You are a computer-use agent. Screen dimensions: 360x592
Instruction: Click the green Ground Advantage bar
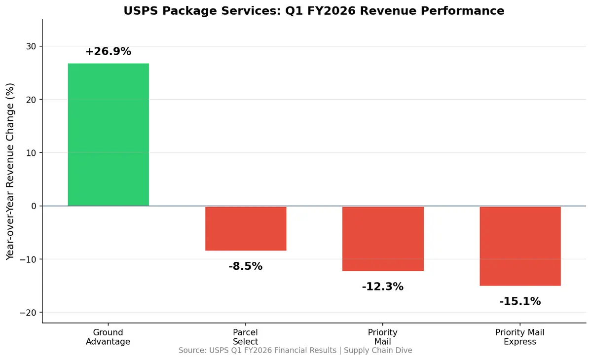coord(108,134)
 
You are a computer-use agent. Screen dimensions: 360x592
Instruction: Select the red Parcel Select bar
coord(246,228)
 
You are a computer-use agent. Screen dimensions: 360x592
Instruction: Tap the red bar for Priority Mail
coord(383,238)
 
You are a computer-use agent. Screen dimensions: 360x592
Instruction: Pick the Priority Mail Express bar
coord(520,246)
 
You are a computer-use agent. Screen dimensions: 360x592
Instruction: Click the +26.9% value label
coord(108,52)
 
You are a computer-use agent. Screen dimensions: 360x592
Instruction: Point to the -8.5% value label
coord(246,267)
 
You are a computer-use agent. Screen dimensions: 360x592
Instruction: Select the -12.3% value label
coord(383,287)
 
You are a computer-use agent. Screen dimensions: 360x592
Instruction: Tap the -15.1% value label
coord(520,301)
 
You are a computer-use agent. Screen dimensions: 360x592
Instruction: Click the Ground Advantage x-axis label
coord(108,337)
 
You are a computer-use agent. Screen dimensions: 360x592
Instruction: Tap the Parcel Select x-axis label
coord(246,337)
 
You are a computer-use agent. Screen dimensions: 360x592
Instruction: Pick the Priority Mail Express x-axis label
coord(520,337)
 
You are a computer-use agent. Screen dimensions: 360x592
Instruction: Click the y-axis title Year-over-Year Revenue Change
coord(10,171)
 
